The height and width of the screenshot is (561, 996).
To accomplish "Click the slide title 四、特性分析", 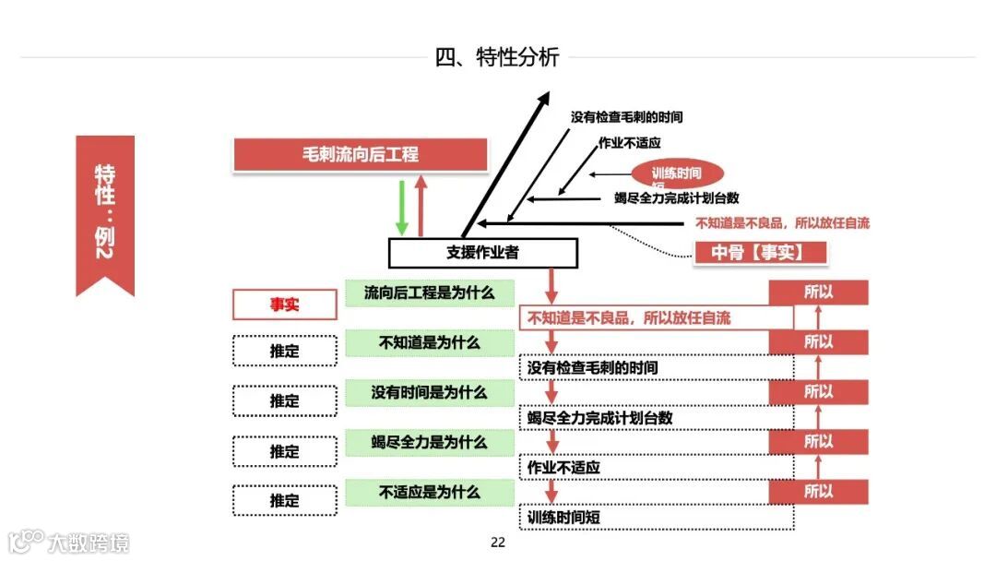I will (x=497, y=57).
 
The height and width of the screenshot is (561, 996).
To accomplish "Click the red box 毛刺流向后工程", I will (x=361, y=154).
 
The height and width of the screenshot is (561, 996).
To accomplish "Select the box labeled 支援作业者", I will (x=482, y=252).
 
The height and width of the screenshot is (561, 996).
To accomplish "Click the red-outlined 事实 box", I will (x=284, y=304).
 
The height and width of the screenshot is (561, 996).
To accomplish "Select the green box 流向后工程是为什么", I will (x=430, y=293).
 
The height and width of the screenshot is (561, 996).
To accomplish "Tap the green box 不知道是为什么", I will (x=430, y=343).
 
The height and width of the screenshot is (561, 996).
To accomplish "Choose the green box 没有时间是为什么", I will (x=430, y=392).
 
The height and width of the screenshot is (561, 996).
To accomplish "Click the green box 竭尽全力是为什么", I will (x=430, y=442).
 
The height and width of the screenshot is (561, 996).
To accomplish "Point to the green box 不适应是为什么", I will (x=430, y=492).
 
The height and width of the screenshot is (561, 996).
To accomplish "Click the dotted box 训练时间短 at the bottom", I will (x=656, y=518).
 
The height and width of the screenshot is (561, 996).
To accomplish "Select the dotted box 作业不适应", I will (x=656, y=468).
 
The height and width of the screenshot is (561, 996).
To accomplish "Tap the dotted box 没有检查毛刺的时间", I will (x=656, y=368).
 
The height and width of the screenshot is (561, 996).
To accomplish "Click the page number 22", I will (x=498, y=543).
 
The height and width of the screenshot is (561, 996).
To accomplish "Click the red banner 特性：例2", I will (x=105, y=213).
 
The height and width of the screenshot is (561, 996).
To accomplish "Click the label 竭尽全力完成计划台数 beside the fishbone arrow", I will (x=676, y=197).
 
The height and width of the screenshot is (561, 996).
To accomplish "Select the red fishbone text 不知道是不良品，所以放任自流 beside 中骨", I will (x=782, y=222).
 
